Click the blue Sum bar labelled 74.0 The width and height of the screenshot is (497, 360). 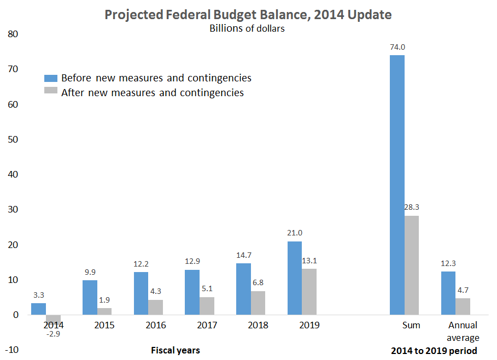click(x=397, y=185)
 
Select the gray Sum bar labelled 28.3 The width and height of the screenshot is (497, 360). click(x=411, y=265)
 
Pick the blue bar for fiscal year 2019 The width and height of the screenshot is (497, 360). click(x=294, y=278)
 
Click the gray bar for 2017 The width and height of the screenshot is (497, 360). click(x=206, y=306)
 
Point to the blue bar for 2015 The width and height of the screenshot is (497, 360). click(x=90, y=297)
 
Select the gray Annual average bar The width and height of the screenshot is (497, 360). click(x=463, y=306)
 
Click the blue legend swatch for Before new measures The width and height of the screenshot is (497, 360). click(x=51, y=78)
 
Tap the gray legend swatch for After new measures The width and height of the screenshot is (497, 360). click(x=51, y=92)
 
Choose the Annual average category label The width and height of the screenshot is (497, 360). click(x=463, y=331)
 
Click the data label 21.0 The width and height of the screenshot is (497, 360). click(x=294, y=233)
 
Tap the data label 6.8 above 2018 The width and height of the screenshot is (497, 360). click(x=257, y=283)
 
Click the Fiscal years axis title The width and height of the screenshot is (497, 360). click(x=175, y=350)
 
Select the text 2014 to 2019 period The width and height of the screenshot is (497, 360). click(x=434, y=350)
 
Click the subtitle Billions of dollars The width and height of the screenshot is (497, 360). click(x=247, y=28)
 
